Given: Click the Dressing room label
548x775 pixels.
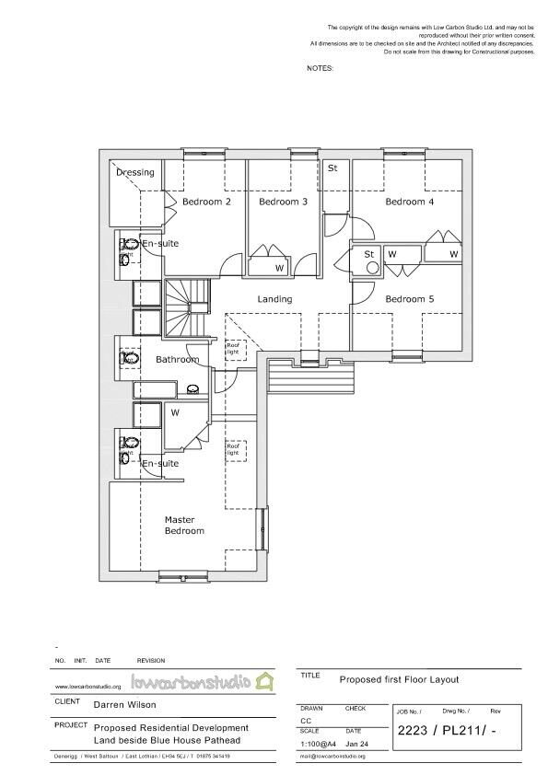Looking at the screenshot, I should [135, 172].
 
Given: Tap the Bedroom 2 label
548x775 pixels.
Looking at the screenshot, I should [205, 202].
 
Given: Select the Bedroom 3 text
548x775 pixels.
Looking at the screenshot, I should [283, 202].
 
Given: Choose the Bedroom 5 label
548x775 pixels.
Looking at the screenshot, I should [409, 299].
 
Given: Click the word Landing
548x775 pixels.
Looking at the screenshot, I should [274, 299].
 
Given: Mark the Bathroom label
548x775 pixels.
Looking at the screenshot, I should [176, 359].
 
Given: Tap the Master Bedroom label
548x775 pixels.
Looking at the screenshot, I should [184, 525].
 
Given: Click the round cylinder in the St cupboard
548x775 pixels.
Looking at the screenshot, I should [372, 268].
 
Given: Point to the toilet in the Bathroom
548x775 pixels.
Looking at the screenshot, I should [128, 358].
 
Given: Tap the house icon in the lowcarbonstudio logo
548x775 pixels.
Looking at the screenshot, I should [265, 682].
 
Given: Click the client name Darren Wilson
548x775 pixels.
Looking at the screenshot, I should [124, 706].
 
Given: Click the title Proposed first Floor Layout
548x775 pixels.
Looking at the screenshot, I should [398, 680].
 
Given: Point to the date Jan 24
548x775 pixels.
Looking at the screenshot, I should [357, 743].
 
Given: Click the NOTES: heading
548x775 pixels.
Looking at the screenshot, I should [320, 68].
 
